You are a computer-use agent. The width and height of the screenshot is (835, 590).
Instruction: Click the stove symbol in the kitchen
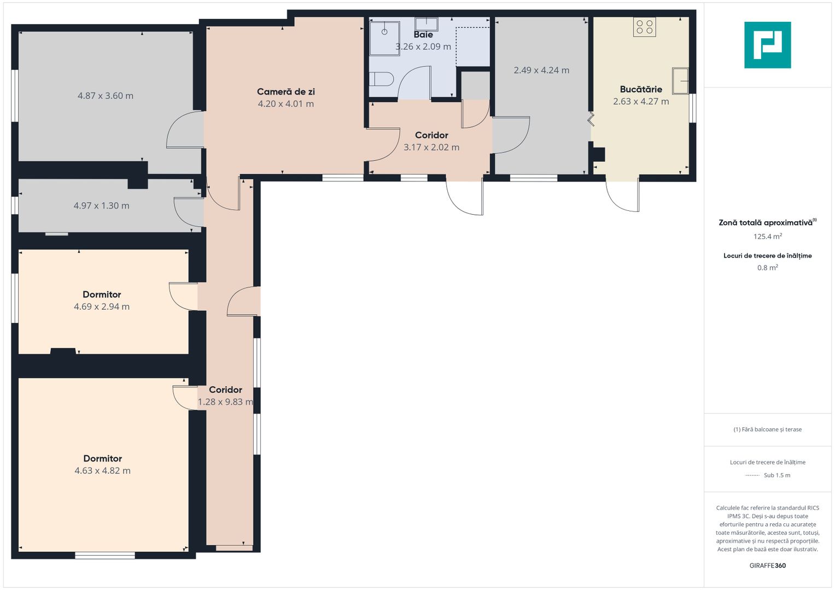(x=645, y=27)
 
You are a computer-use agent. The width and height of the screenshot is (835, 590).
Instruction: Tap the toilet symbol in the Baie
(x=381, y=79)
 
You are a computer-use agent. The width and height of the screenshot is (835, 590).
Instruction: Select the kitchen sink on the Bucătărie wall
(x=680, y=80)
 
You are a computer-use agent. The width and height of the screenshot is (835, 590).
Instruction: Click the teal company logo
(x=768, y=45)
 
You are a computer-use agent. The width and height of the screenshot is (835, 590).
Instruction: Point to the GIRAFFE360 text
(x=768, y=565)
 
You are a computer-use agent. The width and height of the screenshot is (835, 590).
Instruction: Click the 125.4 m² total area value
(x=768, y=236)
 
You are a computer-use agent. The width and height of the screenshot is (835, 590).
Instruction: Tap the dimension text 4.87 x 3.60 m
(x=106, y=96)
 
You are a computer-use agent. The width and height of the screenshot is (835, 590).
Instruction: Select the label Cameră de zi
(x=286, y=92)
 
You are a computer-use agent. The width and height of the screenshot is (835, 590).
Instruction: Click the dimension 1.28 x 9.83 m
(x=225, y=402)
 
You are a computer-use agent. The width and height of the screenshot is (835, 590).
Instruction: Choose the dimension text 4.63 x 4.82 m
(x=102, y=470)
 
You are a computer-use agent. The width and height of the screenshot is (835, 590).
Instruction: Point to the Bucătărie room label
(x=641, y=90)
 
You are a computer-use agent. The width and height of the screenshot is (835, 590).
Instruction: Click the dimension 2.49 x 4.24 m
(x=542, y=70)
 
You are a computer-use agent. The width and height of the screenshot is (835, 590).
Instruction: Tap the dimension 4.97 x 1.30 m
(x=101, y=205)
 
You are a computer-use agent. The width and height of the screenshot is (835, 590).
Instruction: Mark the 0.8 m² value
(x=768, y=268)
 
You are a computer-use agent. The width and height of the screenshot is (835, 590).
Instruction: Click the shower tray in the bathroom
(x=385, y=38)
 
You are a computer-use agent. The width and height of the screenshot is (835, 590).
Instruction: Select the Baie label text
(x=423, y=34)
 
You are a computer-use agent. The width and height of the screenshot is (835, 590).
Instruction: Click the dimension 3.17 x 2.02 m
(x=431, y=147)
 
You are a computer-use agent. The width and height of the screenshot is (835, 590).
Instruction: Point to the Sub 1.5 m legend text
(x=777, y=475)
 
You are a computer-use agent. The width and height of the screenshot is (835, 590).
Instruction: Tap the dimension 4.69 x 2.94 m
(x=102, y=306)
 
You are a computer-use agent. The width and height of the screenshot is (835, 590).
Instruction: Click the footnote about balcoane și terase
(x=768, y=429)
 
